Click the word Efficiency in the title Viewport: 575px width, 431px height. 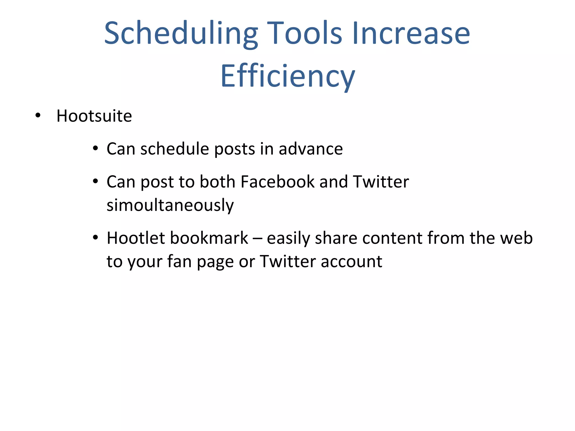287,76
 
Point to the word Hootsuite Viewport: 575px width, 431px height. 94,116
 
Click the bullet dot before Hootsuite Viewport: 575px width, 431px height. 38,115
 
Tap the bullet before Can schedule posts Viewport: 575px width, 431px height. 95,148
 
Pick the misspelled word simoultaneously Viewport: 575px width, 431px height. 170,205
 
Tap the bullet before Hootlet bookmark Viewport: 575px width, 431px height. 95,238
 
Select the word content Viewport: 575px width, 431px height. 392,239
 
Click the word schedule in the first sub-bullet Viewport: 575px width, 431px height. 174,149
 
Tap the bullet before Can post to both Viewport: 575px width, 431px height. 95,181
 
